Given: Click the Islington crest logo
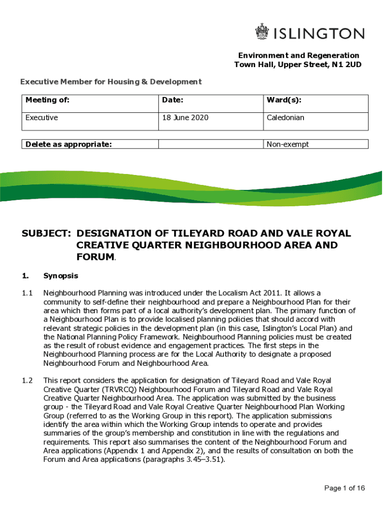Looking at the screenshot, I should point(262,33).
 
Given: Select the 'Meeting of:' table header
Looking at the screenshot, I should point(47,100).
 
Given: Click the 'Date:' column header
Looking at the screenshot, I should point(173,100).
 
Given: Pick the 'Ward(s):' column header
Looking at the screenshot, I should point(284,100).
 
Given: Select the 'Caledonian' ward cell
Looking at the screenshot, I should point(286,118).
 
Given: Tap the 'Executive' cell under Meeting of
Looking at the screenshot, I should point(42,118).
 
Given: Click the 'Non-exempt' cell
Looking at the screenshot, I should point(287,144).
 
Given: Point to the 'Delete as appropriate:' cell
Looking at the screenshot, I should point(68,144).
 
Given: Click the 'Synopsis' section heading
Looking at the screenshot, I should point(61,275).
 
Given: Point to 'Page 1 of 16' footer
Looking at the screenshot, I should point(345,488).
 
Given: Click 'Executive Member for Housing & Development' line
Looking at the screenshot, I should point(110,82).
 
